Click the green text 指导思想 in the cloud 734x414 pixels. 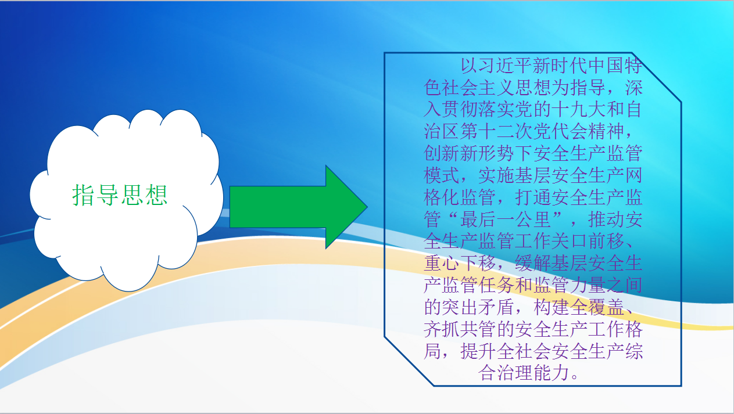(x=120, y=195)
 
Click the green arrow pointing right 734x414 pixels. (x=298, y=207)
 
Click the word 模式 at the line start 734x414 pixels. (x=442, y=175)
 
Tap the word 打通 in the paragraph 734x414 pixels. (x=533, y=197)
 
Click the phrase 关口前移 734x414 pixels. (x=588, y=241)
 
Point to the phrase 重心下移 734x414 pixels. (x=460, y=263)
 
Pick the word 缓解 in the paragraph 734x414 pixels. (x=533, y=263)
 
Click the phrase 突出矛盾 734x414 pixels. (x=478, y=307)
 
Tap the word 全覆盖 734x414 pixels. (x=597, y=307)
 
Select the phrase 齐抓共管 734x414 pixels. (x=460, y=329)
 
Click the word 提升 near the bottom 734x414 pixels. (x=478, y=351)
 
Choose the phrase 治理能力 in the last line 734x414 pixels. (x=533, y=372)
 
